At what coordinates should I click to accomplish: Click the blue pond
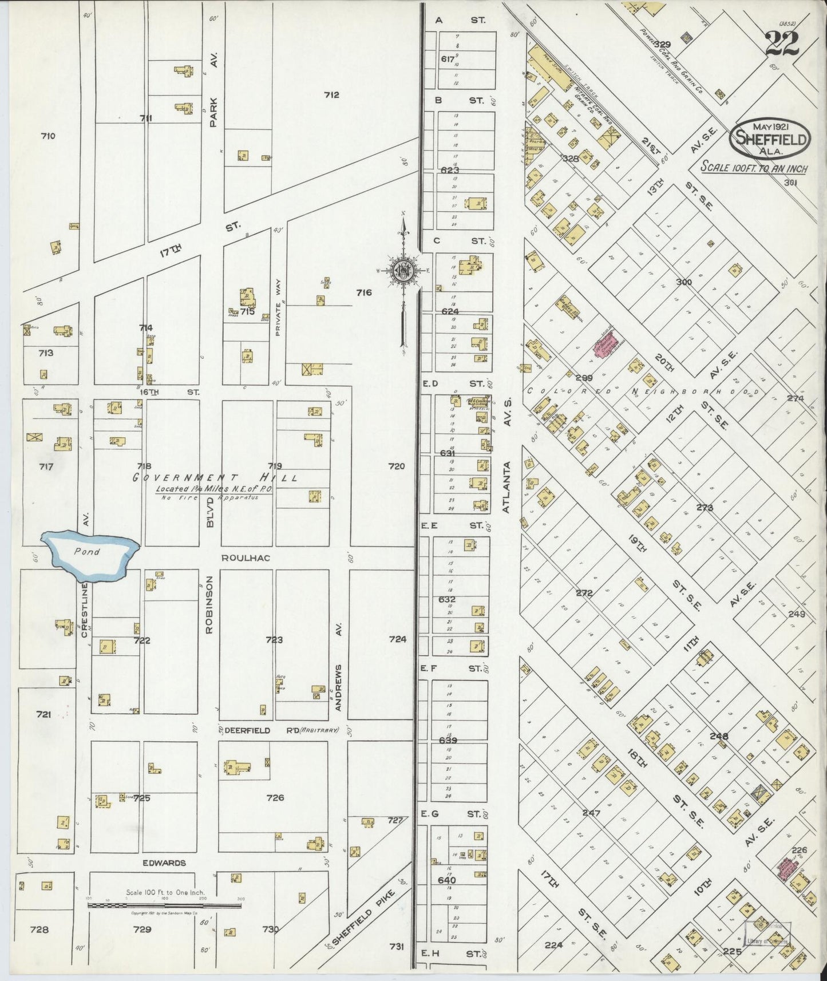(92, 553)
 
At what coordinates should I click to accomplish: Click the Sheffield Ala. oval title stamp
(770, 138)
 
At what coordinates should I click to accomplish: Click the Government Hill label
(215, 477)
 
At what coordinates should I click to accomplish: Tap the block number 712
(331, 94)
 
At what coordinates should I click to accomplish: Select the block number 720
(396, 466)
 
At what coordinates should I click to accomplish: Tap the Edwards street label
(165, 863)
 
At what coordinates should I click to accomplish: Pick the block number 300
(683, 282)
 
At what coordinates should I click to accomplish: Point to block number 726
(275, 797)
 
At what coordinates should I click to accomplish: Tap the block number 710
(48, 136)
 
